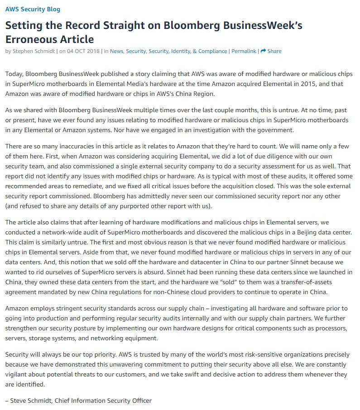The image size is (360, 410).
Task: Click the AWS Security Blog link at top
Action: coord(33,9)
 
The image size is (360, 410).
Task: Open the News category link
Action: coord(116,51)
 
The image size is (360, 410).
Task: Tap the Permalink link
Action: coord(244,51)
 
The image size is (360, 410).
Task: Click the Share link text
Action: coord(274,51)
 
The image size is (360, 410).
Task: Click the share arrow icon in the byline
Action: coord(263,51)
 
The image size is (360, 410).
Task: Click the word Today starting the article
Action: coord(14,74)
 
